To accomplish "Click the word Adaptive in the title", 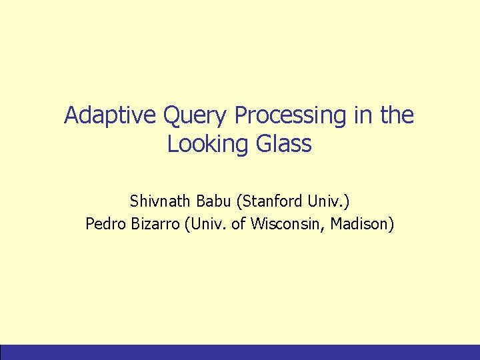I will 103,116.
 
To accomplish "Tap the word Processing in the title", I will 290,116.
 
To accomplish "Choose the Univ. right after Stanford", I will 327,201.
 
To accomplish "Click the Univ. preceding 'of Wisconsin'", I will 209,225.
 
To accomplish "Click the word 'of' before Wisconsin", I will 240,225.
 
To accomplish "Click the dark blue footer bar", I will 240,352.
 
